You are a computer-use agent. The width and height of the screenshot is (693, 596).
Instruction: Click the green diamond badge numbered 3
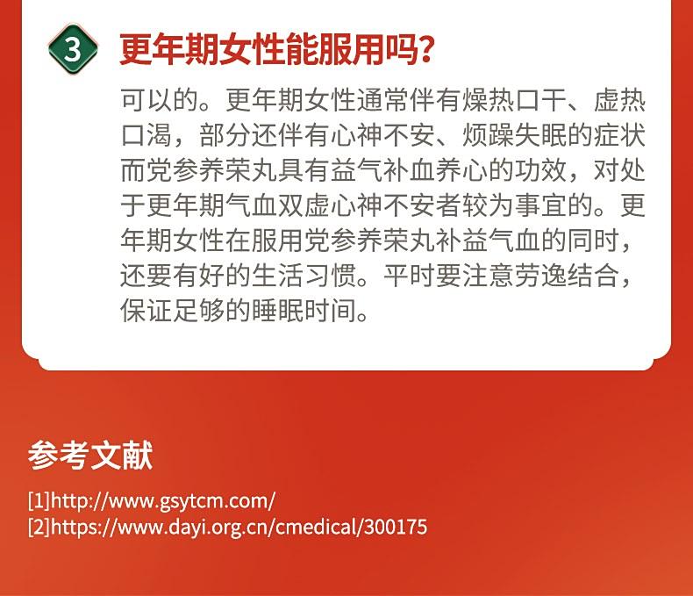[73, 49]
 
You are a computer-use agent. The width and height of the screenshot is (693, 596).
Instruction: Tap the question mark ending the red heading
[425, 49]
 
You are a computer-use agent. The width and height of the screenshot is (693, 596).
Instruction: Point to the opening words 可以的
[160, 100]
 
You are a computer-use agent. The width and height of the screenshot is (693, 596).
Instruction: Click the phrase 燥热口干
[514, 100]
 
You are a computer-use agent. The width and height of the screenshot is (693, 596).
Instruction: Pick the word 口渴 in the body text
[146, 135]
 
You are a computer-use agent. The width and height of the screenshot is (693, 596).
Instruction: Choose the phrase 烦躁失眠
[514, 135]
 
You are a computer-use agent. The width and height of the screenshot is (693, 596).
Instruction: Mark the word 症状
[618, 135]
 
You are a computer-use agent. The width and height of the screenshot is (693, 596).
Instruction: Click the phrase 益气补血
[382, 170]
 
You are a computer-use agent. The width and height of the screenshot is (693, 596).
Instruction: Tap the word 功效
[540, 170]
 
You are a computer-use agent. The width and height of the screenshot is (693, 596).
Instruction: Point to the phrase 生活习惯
[304, 275]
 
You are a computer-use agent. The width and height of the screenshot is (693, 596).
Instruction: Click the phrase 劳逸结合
[566, 275]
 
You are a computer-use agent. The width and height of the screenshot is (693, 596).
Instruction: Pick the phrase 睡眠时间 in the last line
[304, 310]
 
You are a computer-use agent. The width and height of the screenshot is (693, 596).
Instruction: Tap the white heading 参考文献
[90, 455]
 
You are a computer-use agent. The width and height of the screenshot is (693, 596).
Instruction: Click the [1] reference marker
[39, 501]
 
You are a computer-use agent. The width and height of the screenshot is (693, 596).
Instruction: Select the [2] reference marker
[39, 527]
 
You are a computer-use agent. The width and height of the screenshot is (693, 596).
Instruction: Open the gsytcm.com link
[163, 501]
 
